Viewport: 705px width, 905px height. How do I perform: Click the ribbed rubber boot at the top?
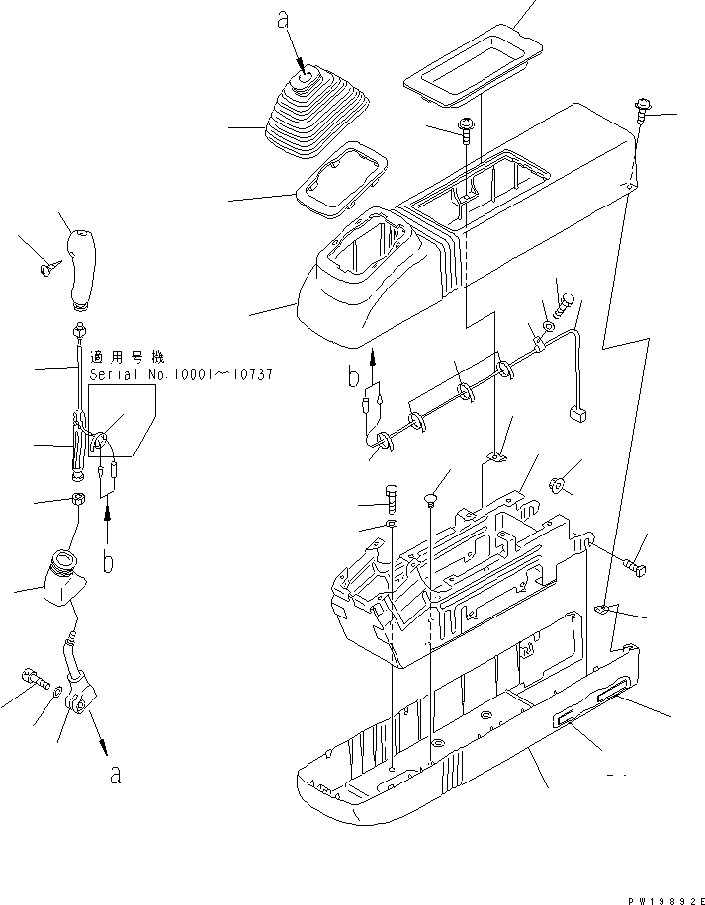point(313,114)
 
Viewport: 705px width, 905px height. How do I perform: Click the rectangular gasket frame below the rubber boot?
point(340,177)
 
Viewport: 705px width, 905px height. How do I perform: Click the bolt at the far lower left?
point(34,679)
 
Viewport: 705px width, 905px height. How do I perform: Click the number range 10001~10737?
point(216,376)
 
